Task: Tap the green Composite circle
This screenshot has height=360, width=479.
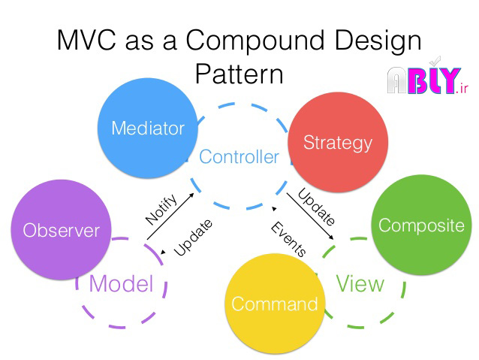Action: [420, 225]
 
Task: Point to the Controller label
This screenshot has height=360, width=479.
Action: [239, 157]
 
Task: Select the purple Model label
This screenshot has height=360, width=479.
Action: [121, 283]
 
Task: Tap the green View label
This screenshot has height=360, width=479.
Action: [360, 283]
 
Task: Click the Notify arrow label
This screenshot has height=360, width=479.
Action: [161, 210]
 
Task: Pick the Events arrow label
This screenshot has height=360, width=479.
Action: [288, 240]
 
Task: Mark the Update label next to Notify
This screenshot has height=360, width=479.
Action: [193, 238]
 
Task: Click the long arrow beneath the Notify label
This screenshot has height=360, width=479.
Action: [171, 218]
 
